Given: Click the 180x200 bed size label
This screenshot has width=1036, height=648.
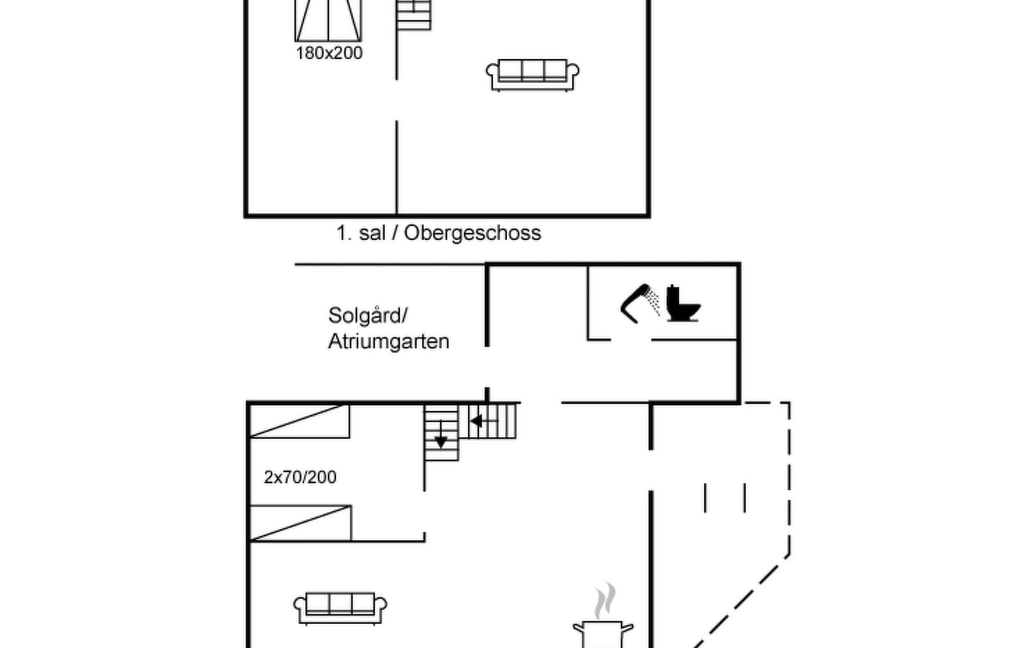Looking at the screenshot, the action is (329, 53).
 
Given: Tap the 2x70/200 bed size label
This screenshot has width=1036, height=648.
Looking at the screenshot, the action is (300, 477).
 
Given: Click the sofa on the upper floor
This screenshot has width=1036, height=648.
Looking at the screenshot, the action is (533, 75).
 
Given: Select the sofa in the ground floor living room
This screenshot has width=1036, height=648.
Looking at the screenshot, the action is (340, 609).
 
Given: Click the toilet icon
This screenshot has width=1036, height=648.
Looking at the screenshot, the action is (683, 303).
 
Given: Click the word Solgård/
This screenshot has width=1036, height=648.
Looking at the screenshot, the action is (368, 315).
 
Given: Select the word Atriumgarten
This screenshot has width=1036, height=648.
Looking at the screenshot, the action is (388, 341).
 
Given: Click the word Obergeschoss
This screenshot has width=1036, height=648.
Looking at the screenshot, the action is (472, 233).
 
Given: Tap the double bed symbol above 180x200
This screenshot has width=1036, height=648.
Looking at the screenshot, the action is (328, 21).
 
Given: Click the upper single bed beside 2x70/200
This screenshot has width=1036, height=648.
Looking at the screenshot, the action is (299, 421).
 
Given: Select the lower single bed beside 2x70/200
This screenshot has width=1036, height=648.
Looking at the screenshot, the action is (301, 523).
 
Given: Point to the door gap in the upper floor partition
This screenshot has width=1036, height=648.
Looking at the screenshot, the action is (397, 100).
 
